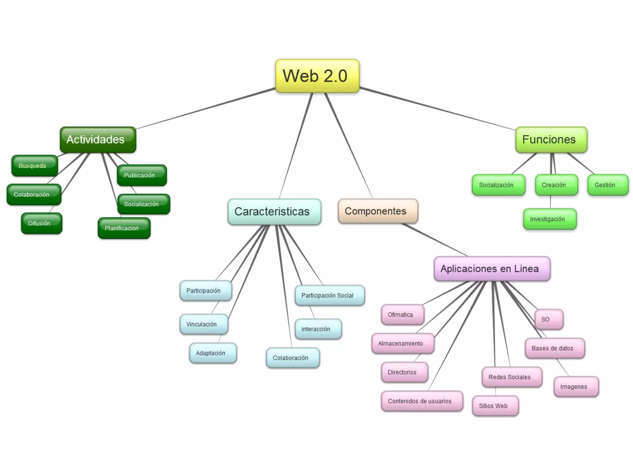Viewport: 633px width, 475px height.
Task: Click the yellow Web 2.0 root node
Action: point(317,76)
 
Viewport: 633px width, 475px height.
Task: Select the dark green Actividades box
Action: point(98,139)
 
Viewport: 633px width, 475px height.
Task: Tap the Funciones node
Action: point(551,139)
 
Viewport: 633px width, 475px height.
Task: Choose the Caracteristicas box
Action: point(274,212)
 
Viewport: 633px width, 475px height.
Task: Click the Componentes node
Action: point(378,211)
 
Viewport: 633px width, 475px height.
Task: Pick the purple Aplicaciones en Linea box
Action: point(492,268)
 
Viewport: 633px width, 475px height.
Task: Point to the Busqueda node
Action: point(35,166)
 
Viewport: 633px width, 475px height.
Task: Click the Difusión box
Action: point(41,223)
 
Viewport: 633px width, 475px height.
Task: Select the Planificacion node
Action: point(124,228)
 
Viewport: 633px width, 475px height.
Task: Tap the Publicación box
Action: point(142,175)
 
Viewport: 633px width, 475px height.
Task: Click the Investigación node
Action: point(550,219)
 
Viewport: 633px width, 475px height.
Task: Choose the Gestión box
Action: point(607,185)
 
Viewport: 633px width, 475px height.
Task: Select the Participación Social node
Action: point(329,295)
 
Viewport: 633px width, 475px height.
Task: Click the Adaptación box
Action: point(213,353)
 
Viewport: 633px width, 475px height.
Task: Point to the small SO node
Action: point(548,319)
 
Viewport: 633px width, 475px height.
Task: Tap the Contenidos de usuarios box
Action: point(422,401)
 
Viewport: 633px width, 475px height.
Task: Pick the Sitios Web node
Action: point(495,406)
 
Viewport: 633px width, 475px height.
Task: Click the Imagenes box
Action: point(576,387)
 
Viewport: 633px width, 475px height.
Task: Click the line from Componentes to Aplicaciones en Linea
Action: point(434,240)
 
